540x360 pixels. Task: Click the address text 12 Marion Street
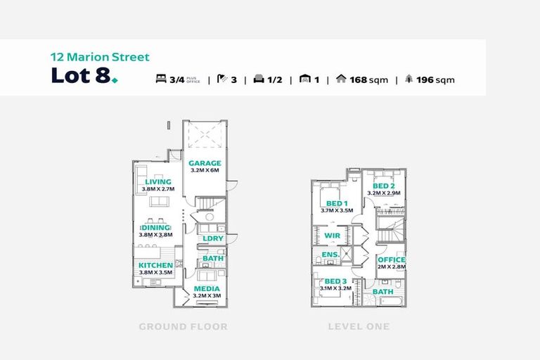(100, 57)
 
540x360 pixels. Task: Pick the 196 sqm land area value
(435, 79)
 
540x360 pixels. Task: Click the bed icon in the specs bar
(161, 79)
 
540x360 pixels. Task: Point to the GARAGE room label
(205, 163)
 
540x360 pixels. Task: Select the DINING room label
(156, 228)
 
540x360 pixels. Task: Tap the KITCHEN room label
(156, 265)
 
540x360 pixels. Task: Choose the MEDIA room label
(207, 288)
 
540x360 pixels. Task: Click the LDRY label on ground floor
(212, 238)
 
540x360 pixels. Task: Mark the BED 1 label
(334, 202)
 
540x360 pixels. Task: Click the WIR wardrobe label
(333, 236)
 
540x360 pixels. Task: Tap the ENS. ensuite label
(330, 255)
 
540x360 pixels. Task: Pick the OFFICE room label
(392, 259)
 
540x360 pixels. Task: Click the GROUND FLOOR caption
(183, 327)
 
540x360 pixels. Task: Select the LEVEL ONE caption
(358, 327)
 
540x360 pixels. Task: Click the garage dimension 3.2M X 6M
(205, 171)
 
